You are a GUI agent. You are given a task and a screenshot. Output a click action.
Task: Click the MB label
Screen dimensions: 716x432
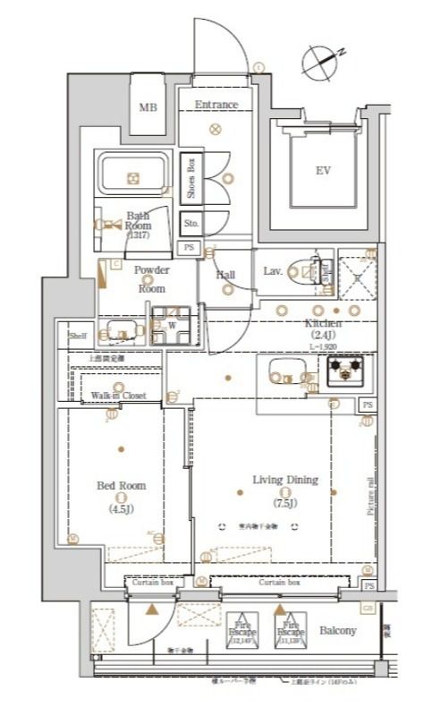[x=147, y=107]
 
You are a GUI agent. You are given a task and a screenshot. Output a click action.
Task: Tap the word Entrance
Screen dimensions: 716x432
[x=216, y=105]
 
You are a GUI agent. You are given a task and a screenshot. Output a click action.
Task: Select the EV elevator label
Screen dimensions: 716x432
[x=322, y=170]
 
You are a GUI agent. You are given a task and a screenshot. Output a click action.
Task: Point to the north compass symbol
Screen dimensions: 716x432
[x=322, y=60]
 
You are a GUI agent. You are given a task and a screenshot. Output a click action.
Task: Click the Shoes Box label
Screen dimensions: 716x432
[x=191, y=176]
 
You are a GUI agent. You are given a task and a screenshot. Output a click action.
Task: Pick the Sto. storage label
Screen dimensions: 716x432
[x=191, y=222]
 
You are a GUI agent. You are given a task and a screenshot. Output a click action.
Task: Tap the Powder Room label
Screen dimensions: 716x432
[x=150, y=278]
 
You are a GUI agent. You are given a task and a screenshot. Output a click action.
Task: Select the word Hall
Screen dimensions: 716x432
[x=225, y=275]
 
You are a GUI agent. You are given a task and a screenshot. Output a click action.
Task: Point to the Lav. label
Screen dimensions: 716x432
[x=273, y=270]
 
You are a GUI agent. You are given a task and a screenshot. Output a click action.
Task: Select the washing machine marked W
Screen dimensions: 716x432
[x=172, y=326]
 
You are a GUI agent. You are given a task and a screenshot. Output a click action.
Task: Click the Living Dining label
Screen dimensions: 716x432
[x=284, y=480]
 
